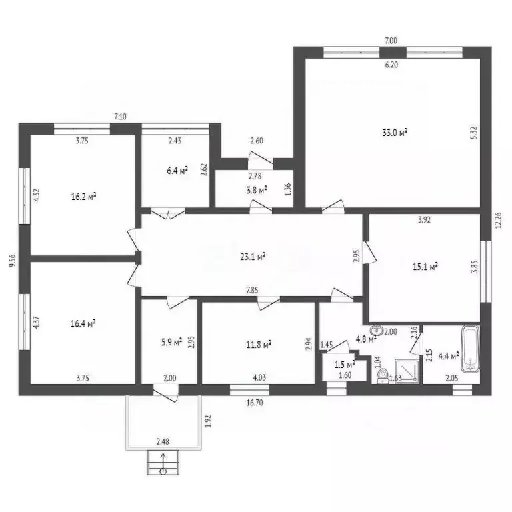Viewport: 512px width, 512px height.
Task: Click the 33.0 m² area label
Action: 395,133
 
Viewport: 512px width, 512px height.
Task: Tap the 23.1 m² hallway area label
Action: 253,257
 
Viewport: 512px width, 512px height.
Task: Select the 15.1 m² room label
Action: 425,267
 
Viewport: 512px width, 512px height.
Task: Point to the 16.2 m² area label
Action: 83,197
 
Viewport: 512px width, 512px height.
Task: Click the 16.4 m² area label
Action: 83,323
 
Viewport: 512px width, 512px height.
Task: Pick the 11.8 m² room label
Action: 259,345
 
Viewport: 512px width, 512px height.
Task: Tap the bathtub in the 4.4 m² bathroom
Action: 471,349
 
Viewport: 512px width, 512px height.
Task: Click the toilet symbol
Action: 383,375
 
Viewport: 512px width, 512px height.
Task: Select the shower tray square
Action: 407,371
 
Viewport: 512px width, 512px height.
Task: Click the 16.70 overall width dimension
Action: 255,403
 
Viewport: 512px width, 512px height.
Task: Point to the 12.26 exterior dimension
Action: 498,221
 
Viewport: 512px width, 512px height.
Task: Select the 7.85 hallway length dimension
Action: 252,290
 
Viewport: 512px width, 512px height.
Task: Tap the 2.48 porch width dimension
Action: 163,442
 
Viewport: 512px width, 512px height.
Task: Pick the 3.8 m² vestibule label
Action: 257,190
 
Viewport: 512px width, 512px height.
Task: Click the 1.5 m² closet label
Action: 345,365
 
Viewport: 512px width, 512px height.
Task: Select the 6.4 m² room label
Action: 177,171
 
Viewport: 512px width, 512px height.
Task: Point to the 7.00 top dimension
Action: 391,41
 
